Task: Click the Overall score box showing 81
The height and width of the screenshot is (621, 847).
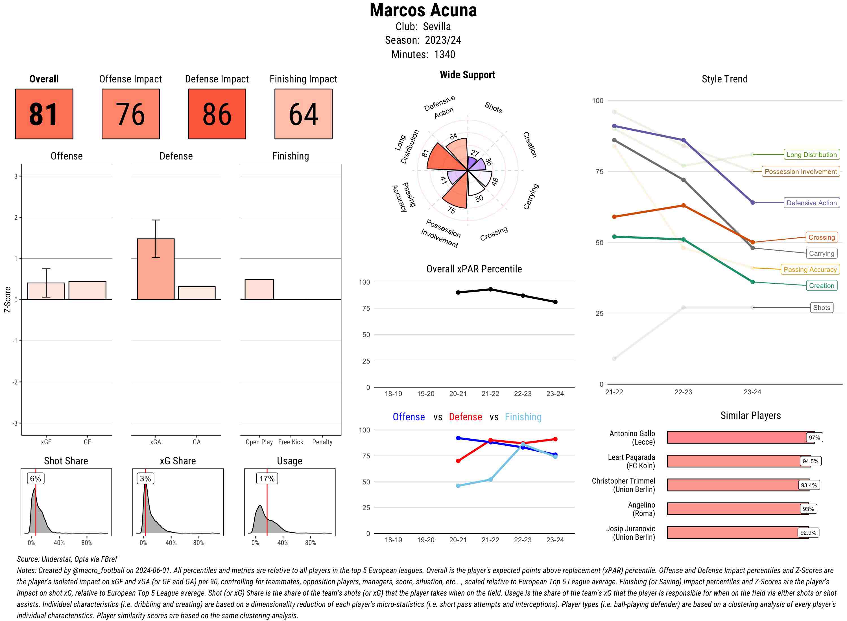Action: point(44,114)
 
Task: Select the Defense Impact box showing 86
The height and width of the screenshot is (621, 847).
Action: point(217,114)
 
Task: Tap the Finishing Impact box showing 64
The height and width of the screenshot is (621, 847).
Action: point(304,114)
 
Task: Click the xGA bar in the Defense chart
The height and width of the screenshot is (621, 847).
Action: point(156,269)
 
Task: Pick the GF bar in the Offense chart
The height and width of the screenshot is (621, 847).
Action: point(87,290)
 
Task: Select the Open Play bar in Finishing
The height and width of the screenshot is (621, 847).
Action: point(259,289)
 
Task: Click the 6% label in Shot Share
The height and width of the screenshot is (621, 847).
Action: point(36,478)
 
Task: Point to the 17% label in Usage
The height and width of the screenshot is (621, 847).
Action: point(267,478)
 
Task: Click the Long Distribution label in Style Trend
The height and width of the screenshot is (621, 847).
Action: point(811,154)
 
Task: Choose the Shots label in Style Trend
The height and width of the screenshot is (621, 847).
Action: point(821,307)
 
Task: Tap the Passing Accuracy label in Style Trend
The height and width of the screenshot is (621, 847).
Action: point(810,270)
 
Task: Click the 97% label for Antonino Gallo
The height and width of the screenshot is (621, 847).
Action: point(814,438)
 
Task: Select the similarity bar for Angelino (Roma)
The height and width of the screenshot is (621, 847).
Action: point(733,509)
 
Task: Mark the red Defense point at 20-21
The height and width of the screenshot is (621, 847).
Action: point(458,461)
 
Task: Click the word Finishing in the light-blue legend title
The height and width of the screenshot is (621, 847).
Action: point(523,417)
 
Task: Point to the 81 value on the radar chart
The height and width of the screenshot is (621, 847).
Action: point(425,153)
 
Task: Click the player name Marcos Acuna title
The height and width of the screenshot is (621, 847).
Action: point(423,10)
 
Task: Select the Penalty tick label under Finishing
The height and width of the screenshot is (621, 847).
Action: point(322,442)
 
